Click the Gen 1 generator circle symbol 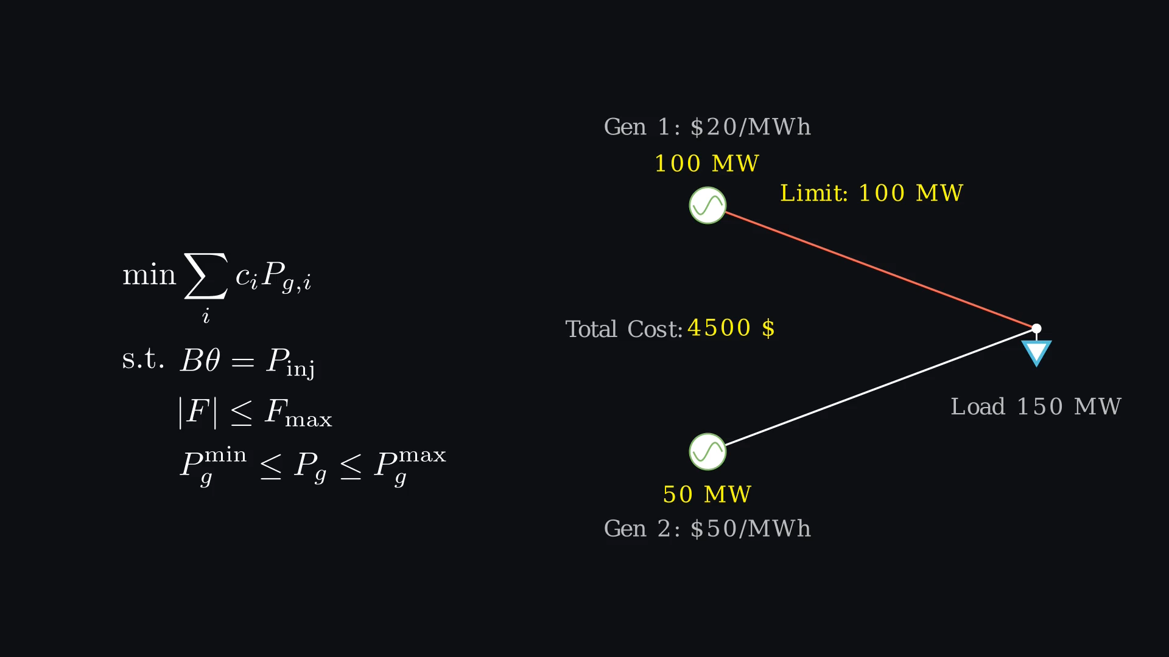707,206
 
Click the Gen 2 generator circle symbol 707,452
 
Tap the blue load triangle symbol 1036,352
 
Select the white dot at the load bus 1036,328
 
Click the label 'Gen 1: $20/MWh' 707,127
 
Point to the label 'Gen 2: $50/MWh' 707,529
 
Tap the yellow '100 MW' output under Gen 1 707,164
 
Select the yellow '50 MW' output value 707,495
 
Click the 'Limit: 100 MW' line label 871,193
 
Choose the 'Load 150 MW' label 1036,406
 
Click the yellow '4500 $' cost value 731,328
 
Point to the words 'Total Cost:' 624,329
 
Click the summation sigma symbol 206,277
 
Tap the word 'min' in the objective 149,275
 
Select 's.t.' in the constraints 143,359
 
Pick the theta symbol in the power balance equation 212,360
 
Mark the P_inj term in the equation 290,362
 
